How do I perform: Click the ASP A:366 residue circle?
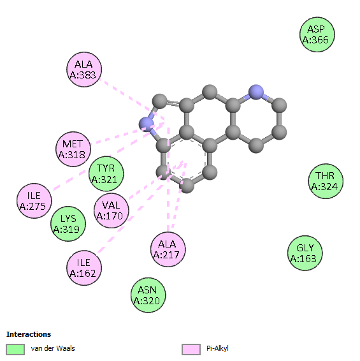tap(317, 34)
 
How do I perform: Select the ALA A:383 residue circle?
tap(84, 70)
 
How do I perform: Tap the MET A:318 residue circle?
tap(73, 149)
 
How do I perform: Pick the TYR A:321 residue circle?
tap(106, 174)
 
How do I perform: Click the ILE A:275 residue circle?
tap(34, 201)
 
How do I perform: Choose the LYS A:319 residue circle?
tap(68, 224)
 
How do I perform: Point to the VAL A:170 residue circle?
tap(112, 210)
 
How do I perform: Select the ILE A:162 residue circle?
tap(84, 268)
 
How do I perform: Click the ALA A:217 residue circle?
tap(168, 249)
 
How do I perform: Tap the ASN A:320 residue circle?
tap(148, 295)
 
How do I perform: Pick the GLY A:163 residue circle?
tap(305, 253)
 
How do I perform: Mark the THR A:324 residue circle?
tap(326, 181)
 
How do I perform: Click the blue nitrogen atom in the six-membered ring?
tap(256, 92)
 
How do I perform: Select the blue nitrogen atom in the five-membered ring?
tap(147, 124)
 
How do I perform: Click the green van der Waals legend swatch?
tap(15, 350)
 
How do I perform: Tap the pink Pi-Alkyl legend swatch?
tap(191, 350)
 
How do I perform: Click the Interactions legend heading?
tap(29, 334)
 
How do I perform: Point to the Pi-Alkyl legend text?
tap(217, 349)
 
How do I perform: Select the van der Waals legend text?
tap(53, 348)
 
